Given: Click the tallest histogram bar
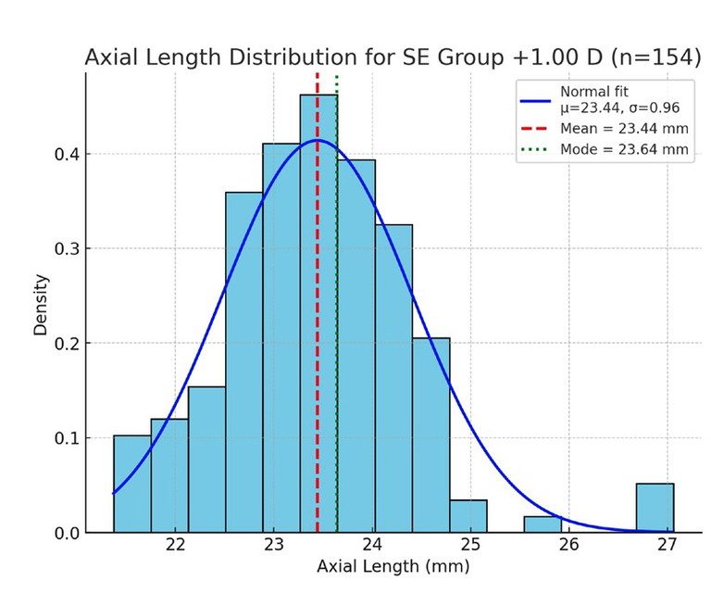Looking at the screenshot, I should (318, 315).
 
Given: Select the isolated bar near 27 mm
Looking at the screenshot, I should (655, 508).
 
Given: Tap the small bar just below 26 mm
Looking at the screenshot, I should (543, 524).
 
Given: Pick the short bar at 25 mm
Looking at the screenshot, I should (468, 516).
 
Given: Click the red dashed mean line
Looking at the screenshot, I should (318, 232).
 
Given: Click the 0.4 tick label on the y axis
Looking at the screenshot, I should (64, 154).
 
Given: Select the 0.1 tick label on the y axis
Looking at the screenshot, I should (64, 437).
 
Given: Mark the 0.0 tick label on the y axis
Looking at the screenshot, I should (64, 533).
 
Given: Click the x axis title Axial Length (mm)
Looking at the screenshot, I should (393, 565).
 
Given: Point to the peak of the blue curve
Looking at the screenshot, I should (318, 140).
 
